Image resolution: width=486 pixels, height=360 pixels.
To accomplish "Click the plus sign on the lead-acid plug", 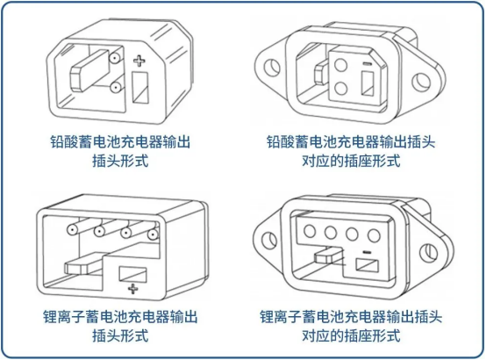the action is (139, 61).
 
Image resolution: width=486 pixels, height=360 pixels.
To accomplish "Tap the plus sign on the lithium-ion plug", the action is (133, 289).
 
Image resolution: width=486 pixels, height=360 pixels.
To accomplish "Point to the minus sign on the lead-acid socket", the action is (367, 64).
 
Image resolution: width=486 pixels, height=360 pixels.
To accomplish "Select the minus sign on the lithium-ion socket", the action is (367, 252).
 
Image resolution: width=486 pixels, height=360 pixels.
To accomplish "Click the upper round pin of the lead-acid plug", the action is (115, 58).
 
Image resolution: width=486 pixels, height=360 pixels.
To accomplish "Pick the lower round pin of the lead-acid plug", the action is (115, 88).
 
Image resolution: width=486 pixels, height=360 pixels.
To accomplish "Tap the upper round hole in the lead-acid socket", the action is (340, 65).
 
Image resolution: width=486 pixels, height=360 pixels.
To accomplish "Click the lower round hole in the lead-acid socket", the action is (341, 88).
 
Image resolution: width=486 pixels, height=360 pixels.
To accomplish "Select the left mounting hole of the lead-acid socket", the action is (270, 67).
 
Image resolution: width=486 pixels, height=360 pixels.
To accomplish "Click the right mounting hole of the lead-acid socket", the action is (422, 82).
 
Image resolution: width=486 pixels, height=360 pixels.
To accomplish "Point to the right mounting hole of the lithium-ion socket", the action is (429, 252).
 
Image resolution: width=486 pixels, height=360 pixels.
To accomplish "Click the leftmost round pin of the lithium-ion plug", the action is (73, 230).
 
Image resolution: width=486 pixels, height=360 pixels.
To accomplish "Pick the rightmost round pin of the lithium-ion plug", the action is (154, 234).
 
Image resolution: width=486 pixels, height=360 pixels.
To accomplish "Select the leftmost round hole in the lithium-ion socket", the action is (310, 231).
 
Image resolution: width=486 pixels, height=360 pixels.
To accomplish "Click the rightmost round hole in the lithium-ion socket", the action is (374, 235).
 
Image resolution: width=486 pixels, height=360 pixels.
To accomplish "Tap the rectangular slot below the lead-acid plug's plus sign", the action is (140, 87).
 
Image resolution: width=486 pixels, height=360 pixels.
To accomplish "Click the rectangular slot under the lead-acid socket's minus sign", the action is (368, 83).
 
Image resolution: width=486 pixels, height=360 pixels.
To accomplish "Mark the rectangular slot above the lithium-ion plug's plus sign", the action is (133, 274).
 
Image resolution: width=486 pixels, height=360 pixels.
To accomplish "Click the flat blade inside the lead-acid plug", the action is (90, 71).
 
